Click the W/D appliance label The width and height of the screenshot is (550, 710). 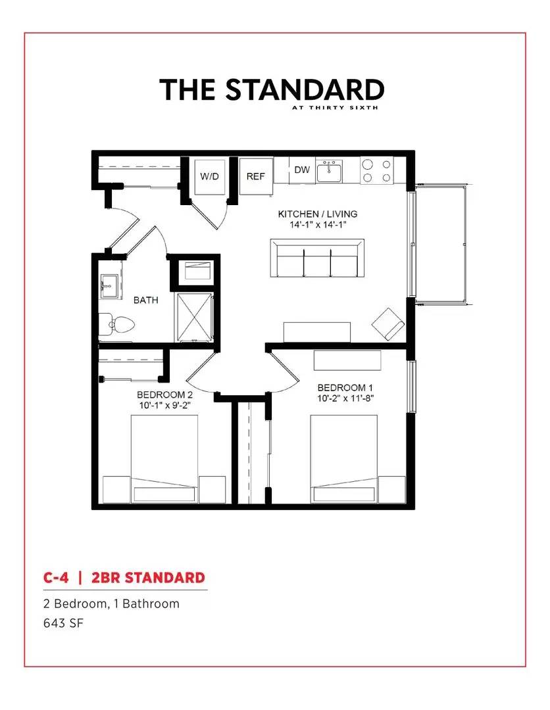click(x=209, y=176)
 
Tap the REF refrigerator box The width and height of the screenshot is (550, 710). click(x=255, y=176)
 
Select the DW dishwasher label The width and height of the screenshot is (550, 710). click(x=302, y=170)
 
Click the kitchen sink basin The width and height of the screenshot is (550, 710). click(x=329, y=173)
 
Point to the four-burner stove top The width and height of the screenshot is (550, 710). click(x=376, y=171)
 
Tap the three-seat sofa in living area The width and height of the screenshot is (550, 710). click(x=317, y=258)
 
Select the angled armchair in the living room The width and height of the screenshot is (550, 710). click(x=389, y=323)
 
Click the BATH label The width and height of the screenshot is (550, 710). click(x=146, y=300)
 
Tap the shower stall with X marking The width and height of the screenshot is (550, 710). click(x=196, y=317)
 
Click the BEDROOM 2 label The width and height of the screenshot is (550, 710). click(x=164, y=394)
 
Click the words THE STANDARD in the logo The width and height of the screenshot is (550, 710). click(x=272, y=89)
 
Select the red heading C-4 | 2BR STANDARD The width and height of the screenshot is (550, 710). click(x=124, y=578)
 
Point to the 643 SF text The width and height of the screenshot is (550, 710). click(x=63, y=622)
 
